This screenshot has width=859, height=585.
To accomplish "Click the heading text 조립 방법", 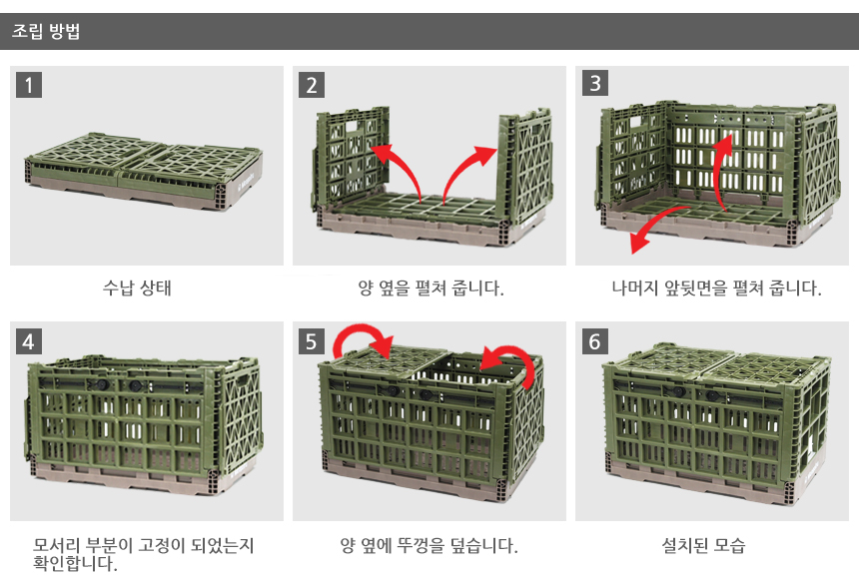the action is (46, 31).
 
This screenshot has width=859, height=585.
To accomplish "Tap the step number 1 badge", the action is (29, 85).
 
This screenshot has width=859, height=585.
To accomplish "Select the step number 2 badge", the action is (312, 85).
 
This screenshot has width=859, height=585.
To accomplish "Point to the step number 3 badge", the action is (595, 83).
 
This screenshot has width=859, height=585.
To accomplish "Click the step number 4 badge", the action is (29, 341).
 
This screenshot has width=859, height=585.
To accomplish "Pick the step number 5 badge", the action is (312, 341).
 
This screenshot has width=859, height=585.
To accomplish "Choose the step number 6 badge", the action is (595, 341).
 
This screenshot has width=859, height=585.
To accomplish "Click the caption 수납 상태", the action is (137, 288).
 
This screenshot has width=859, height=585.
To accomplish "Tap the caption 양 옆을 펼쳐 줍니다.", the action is (430, 288).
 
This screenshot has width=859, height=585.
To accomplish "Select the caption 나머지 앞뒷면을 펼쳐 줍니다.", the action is (716, 288).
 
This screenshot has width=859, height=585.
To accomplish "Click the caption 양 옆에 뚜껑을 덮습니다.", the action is (429, 545).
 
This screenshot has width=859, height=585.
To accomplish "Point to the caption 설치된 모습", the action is (703, 545).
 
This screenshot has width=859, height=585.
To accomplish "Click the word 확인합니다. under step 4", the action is (75, 563).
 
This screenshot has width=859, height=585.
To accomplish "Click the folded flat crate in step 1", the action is (144, 171).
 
